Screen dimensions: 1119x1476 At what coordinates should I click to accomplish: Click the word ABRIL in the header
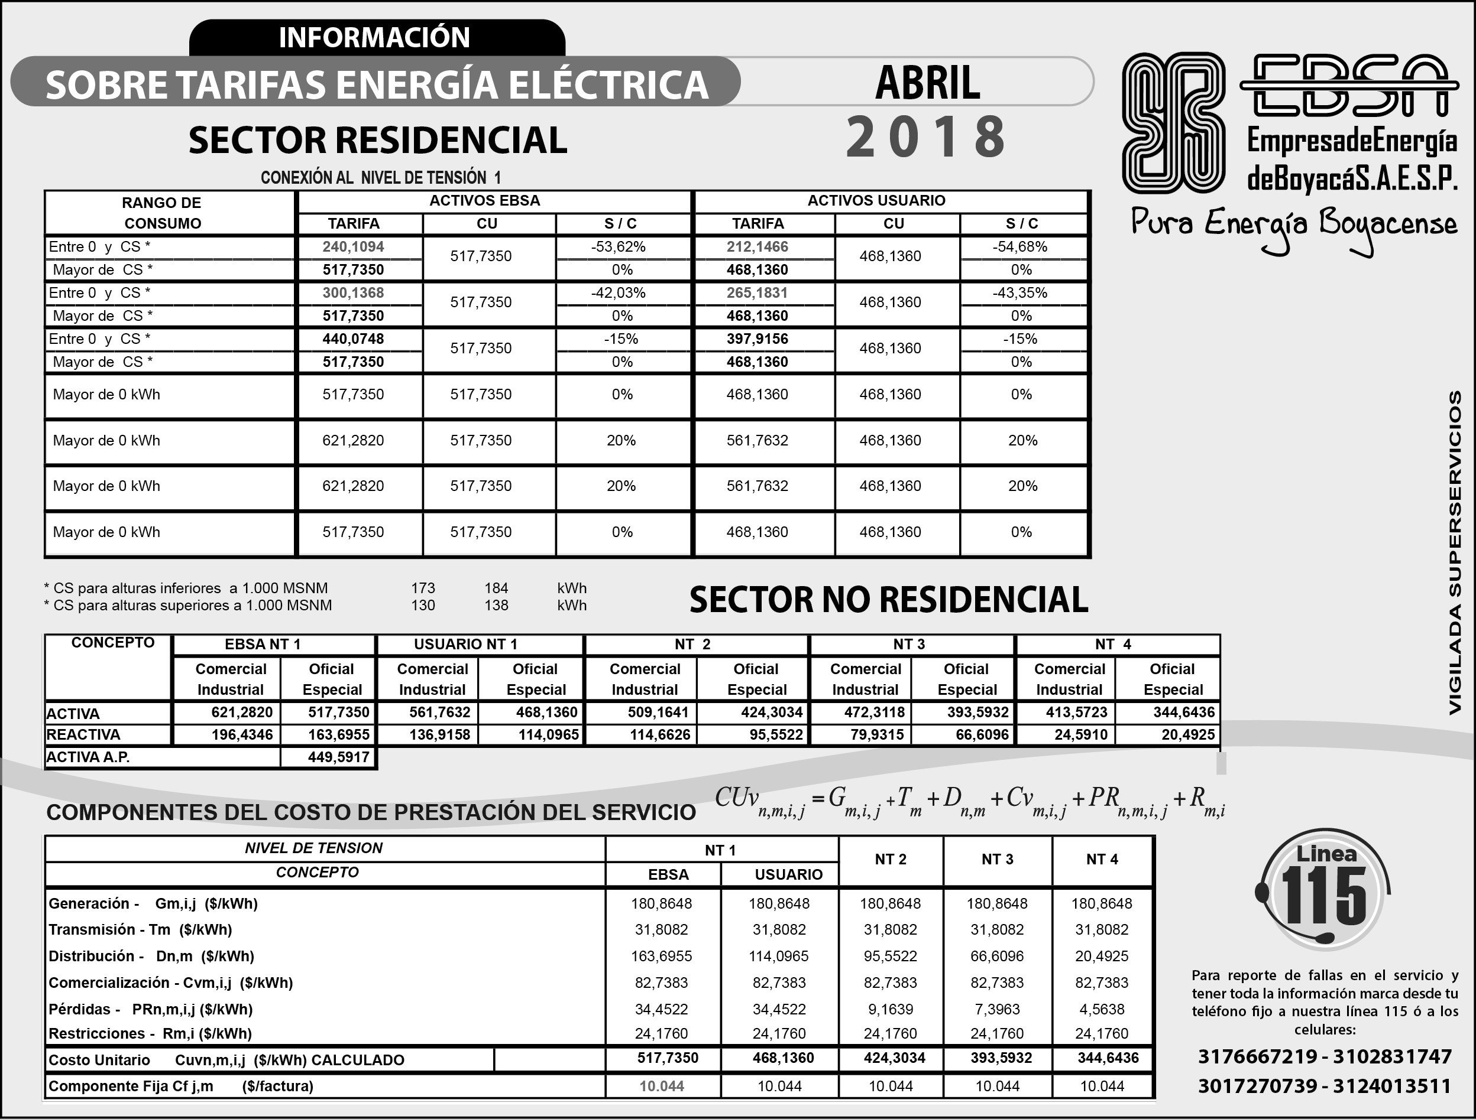tap(927, 83)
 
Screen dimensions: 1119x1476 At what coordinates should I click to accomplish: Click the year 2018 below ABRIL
tap(925, 136)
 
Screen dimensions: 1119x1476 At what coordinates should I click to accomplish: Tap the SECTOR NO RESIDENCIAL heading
tap(888, 599)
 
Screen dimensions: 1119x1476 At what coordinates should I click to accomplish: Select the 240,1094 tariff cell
tap(353, 247)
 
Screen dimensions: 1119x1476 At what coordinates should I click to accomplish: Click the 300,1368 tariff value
tap(353, 293)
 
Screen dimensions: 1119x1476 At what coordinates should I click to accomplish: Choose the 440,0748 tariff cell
tap(353, 339)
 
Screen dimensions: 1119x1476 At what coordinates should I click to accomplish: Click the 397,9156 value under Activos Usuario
tap(758, 339)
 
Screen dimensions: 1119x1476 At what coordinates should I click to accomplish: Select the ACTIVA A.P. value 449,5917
tap(338, 757)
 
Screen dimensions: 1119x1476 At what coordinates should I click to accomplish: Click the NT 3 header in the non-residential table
tap(909, 644)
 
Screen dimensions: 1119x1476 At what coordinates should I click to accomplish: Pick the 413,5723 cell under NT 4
tap(1076, 712)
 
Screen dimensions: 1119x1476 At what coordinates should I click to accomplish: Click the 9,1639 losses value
tap(890, 1009)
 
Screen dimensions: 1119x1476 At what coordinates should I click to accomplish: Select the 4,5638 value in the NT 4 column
tap(1102, 1009)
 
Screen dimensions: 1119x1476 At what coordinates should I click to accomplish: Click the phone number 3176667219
tap(1256, 1056)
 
